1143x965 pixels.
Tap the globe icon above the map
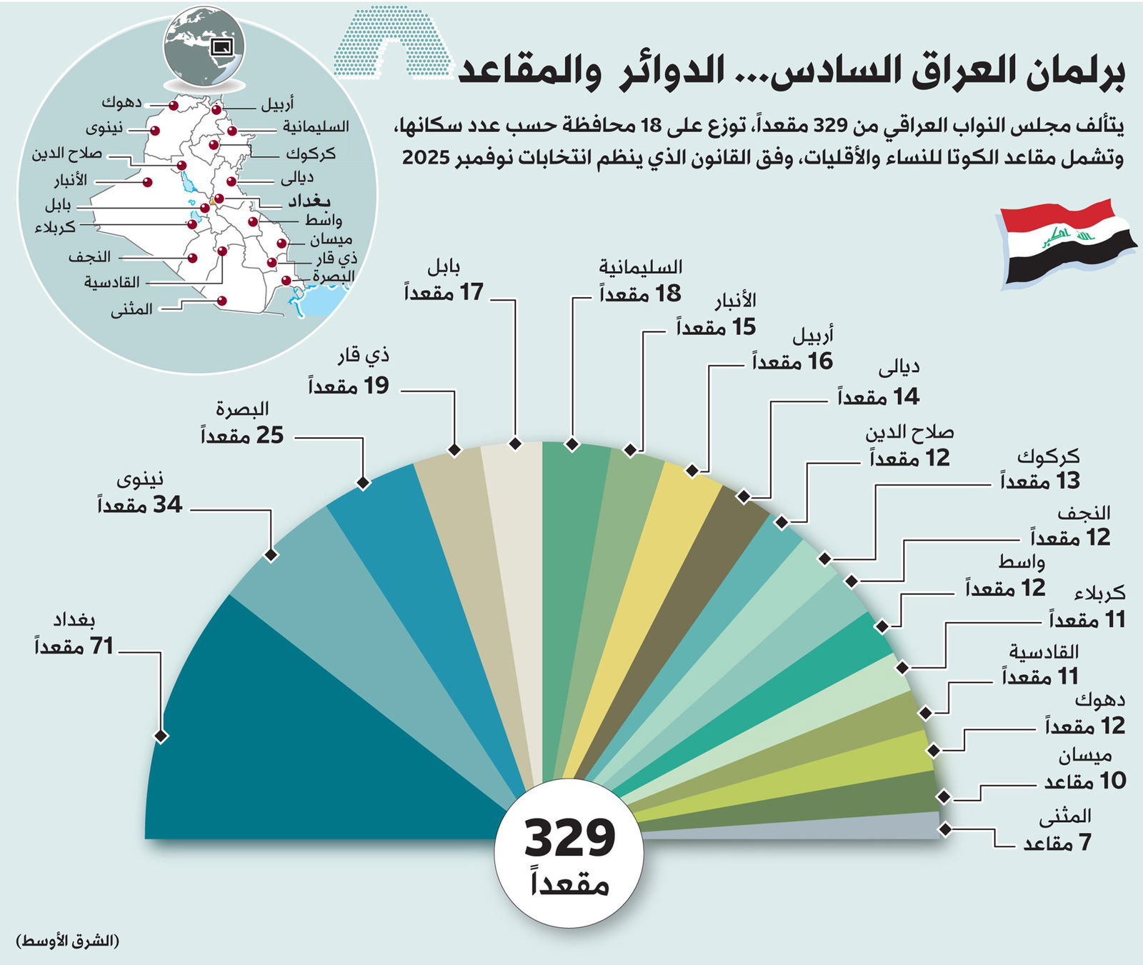[x=204, y=47]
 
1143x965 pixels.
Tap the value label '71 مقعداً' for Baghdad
[x=74, y=647]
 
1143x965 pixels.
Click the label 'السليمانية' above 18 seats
[x=641, y=267]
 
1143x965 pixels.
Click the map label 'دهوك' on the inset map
[x=121, y=102]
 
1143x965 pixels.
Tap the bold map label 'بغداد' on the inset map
[x=309, y=201]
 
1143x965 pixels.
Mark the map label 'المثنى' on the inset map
[x=131, y=310]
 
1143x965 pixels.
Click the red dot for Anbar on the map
[x=147, y=182]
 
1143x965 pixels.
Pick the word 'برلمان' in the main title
[x=1079, y=74]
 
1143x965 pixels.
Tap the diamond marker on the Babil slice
[x=515, y=444]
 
